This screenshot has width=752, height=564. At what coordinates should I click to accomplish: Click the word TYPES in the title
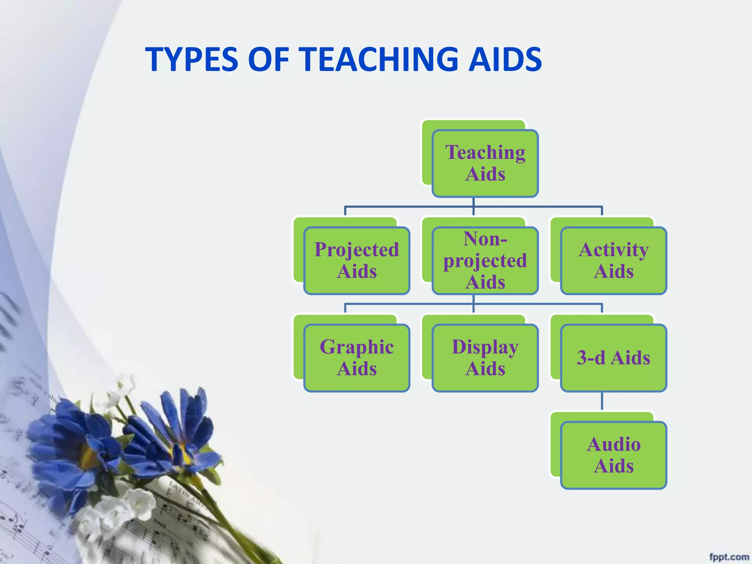point(192,59)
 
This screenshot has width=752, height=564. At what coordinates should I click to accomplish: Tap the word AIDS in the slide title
point(505,59)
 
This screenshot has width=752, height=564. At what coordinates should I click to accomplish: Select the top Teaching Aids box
point(485,163)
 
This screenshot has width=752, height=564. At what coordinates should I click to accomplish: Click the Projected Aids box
point(357,261)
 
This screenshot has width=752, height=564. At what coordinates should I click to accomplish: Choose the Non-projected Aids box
point(485,261)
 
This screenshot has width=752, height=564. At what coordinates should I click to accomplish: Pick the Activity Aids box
point(614,261)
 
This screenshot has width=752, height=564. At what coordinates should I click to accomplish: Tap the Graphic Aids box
point(357,358)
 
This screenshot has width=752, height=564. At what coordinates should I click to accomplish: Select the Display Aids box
point(485,358)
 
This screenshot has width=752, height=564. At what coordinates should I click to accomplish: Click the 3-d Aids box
point(614,358)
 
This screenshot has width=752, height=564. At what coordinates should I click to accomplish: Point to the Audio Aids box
point(614,455)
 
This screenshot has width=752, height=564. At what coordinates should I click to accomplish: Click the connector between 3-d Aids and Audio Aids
point(602,401)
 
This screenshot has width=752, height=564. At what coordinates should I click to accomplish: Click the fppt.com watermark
point(728,557)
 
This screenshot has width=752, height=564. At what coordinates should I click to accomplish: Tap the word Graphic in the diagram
point(357,347)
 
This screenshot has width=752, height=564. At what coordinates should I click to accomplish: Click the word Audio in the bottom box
point(614,444)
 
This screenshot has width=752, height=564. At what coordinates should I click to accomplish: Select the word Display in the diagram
point(485,347)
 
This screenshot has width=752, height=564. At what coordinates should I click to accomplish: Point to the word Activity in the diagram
point(614,250)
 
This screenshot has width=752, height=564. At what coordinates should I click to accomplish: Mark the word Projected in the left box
point(357,250)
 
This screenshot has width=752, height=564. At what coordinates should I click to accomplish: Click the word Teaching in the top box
point(485,152)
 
